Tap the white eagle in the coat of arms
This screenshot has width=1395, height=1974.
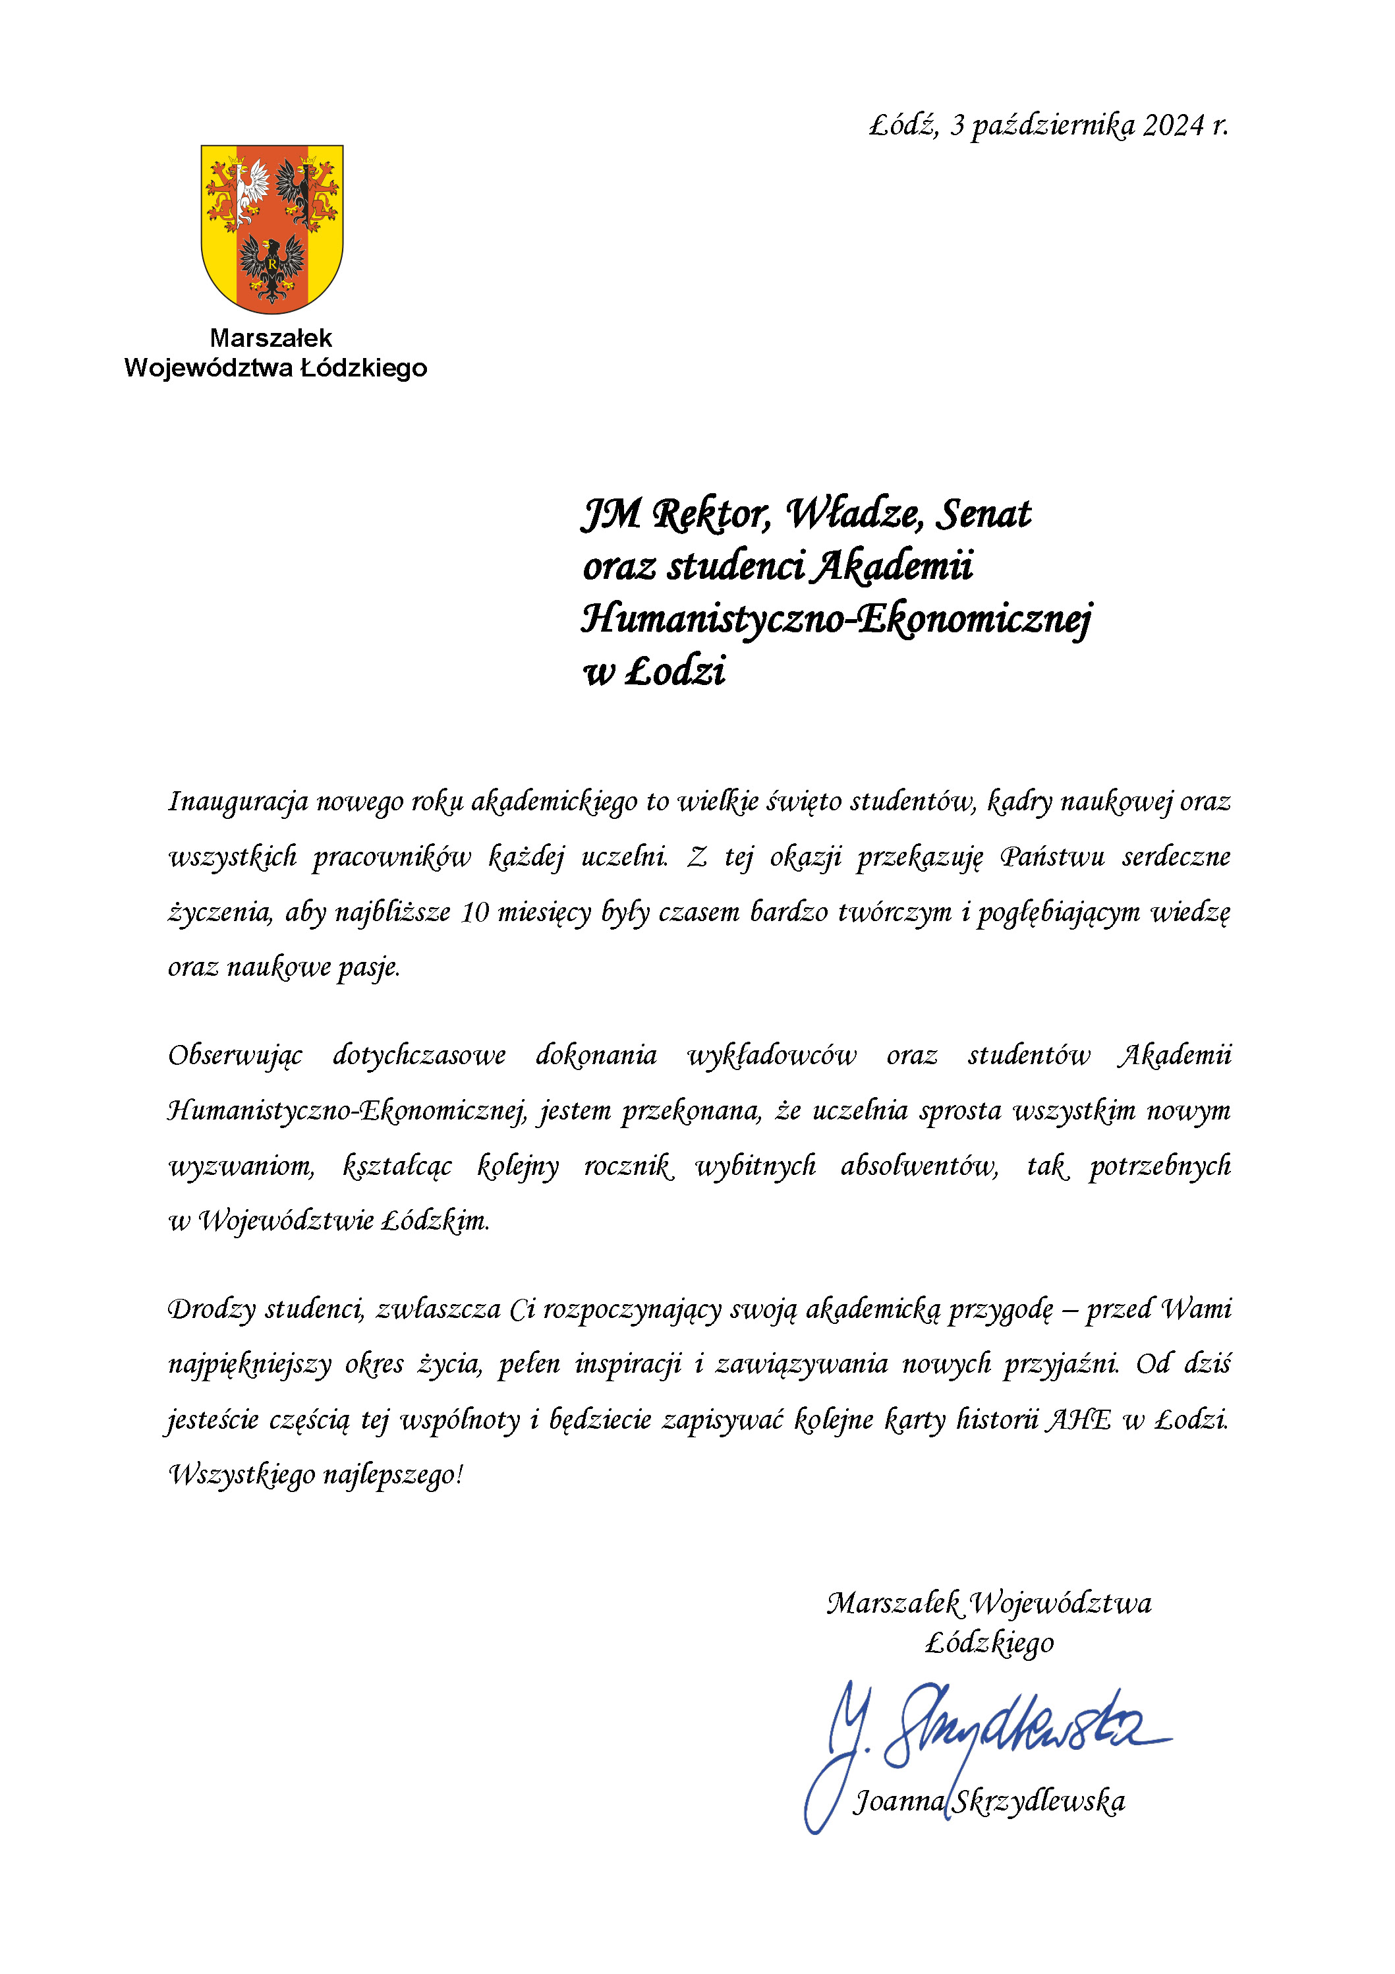(252, 189)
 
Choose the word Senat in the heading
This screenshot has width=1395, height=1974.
(983, 515)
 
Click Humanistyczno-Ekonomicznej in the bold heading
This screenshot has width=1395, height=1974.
(836, 620)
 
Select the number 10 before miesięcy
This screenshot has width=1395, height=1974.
(474, 912)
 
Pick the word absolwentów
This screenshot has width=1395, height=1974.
(919, 1167)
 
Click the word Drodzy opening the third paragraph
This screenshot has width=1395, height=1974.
(212, 1309)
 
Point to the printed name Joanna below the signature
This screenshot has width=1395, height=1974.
(899, 1801)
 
